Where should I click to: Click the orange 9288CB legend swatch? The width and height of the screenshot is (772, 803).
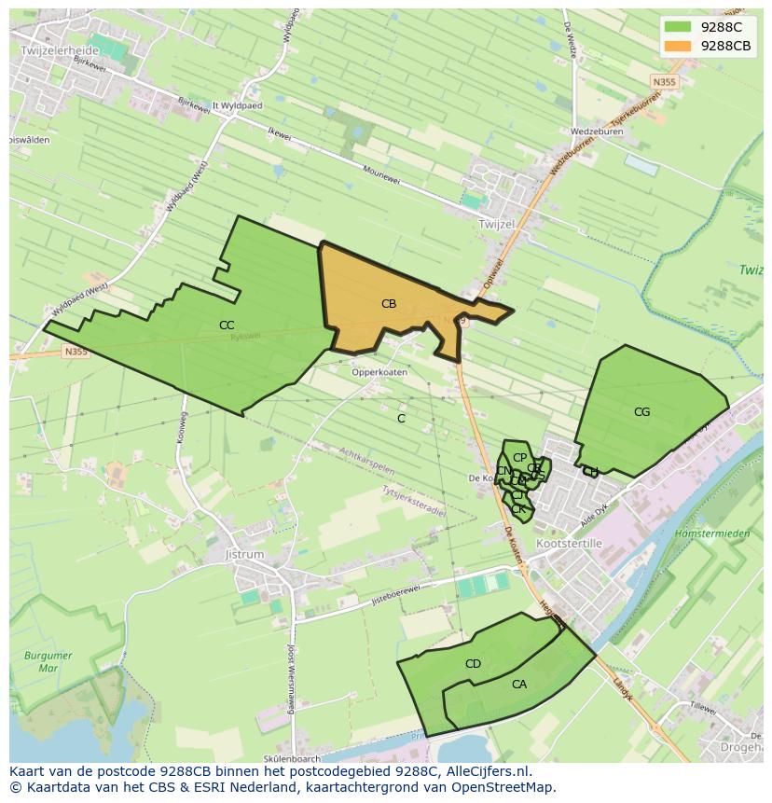[x=678, y=46]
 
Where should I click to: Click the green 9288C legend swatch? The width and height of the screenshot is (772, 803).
[x=678, y=27]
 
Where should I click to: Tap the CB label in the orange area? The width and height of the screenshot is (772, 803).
[x=389, y=303]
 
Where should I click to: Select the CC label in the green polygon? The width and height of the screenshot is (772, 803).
[x=227, y=325]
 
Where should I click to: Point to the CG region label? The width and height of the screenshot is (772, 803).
[x=641, y=411]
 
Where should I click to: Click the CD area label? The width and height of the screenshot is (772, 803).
[x=473, y=664]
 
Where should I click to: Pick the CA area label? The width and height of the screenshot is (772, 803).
[x=519, y=685]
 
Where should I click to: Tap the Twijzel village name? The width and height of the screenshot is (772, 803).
[x=496, y=225]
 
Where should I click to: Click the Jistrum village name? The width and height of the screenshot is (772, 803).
[x=245, y=554]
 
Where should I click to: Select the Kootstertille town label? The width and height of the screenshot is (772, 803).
[x=570, y=543]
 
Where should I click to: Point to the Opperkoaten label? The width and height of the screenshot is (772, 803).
[x=379, y=372]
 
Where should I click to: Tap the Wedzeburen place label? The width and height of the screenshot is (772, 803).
[x=598, y=132]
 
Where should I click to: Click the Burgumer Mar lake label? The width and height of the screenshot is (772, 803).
[x=48, y=662]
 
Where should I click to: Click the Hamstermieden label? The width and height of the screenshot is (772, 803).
[x=712, y=533]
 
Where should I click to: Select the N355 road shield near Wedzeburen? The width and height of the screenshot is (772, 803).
[x=664, y=82]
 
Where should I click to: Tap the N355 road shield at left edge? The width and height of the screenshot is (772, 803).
[x=76, y=352]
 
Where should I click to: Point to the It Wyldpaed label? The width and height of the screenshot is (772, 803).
[x=234, y=106]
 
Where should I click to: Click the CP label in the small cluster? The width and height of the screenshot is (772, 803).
[x=520, y=458]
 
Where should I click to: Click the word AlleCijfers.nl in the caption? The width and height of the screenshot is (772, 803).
[x=485, y=771]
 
